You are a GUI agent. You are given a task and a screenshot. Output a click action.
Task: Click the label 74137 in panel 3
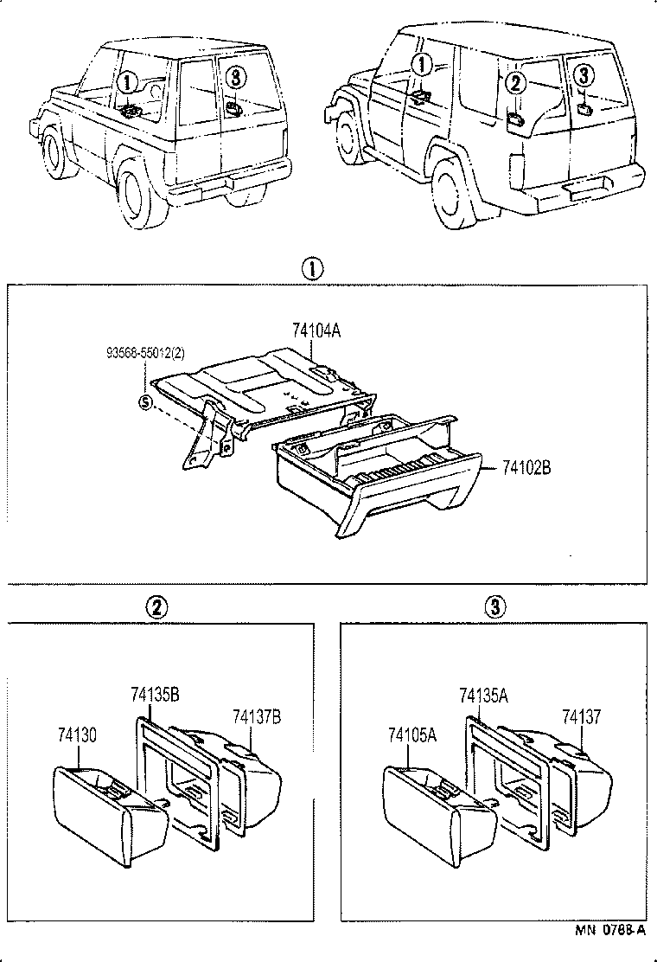(x=582, y=715)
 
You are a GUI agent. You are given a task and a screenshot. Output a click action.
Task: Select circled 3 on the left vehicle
(x=235, y=78)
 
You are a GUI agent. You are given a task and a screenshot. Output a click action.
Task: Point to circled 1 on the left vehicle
(x=127, y=83)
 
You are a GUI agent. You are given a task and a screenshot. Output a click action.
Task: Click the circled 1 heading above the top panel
(x=312, y=269)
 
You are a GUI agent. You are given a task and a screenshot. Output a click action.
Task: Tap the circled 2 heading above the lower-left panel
(x=156, y=608)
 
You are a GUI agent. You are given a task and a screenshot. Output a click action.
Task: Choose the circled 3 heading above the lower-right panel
(x=494, y=608)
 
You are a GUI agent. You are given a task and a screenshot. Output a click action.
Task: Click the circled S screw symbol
(x=145, y=401)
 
